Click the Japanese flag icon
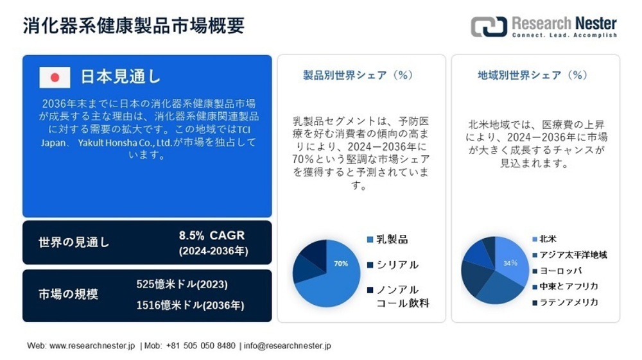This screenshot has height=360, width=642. [x=55, y=77]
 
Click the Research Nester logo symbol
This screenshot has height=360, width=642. [x=489, y=26]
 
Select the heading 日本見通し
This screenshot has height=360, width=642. [x=120, y=76]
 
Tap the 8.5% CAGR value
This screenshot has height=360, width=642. [x=212, y=236]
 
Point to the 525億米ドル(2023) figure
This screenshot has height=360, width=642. [x=182, y=284]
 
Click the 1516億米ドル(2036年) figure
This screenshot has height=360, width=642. [x=190, y=305]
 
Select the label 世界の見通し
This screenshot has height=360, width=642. [x=74, y=243]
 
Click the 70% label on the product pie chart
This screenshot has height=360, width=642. [x=341, y=263]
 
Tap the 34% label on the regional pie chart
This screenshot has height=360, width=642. [x=510, y=263]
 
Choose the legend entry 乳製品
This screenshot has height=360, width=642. [x=392, y=239]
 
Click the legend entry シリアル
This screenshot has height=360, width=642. [x=397, y=264]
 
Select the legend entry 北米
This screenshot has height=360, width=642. [x=548, y=239]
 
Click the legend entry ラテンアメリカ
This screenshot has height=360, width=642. [x=569, y=302]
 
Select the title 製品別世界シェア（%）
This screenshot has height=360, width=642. [x=357, y=75]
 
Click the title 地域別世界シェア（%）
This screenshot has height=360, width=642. [x=532, y=75]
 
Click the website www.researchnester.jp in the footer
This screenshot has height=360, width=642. [x=92, y=346]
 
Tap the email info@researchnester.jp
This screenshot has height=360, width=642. [x=288, y=346]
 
